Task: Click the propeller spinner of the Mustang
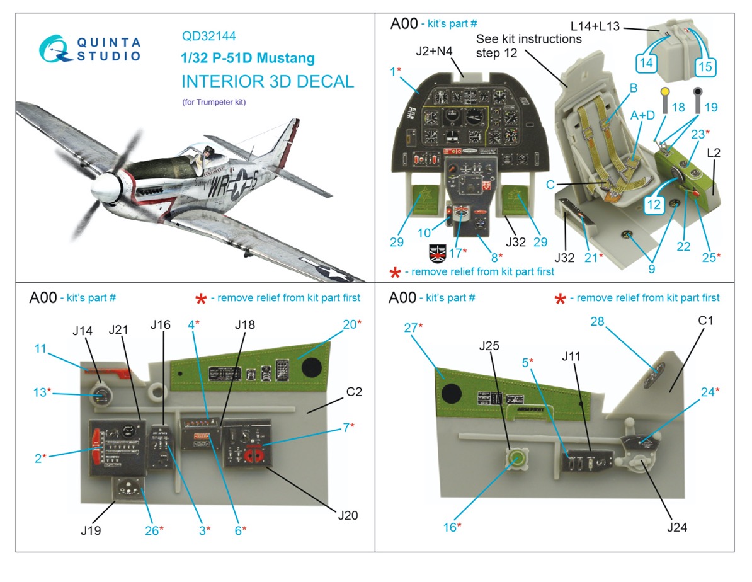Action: (x=105, y=187)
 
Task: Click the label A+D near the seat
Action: (x=644, y=115)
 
